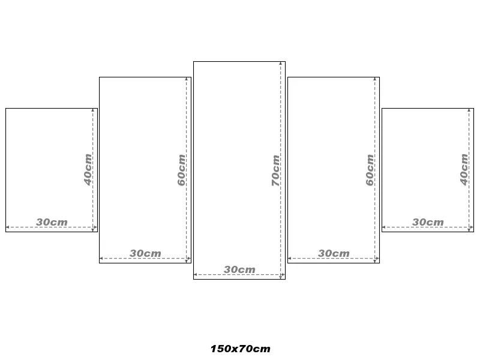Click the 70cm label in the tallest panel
click(x=275, y=170)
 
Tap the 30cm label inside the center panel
click(x=239, y=269)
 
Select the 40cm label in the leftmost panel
click(x=88, y=170)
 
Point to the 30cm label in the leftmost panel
click(x=52, y=222)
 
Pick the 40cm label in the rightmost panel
click(x=464, y=170)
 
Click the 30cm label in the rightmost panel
click(x=428, y=222)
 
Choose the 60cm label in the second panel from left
click(x=181, y=170)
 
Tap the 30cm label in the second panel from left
click(x=145, y=253)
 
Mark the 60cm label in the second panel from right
click(x=370, y=170)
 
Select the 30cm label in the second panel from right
click(x=334, y=253)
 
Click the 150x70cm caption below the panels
click(x=241, y=349)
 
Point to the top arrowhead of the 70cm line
click(x=280, y=64)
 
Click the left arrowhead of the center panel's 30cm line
click(x=196, y=275)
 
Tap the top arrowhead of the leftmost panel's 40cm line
click(x=93, y=110)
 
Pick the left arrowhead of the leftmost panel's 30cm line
click(x=8, y=227)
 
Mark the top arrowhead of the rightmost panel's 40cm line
click(x=469, y=110)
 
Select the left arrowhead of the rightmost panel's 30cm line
click(x=384, y=227)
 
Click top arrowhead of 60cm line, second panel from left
click(x=187, y=79)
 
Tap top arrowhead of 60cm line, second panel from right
click(x=374, y=79)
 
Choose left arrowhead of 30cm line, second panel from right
click(x=290, y=259)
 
